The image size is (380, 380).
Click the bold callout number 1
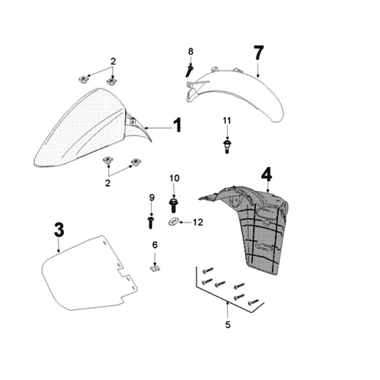[x=178, y=125]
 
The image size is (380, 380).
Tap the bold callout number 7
[x=258, y=53]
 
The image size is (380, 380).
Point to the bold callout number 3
[x=59, y=230]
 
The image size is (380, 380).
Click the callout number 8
[x=191, y=52]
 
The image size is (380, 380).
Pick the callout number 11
[x=227, y=121]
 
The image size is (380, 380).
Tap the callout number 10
[x=174, y=179]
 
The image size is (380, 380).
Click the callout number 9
[x=152, y=198]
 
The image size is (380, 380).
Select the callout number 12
[x=198, y=222]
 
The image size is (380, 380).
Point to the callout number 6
[x=155, y=245]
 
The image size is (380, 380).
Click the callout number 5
[x=228, y=325]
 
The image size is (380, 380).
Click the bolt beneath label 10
[x=173, y=205]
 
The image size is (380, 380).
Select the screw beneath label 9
[x=151, y=223]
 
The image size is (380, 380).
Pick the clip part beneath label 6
[x=155, y=268]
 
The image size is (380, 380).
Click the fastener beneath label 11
[x=227, y=146]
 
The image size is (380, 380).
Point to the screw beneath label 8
[x=190, y=70]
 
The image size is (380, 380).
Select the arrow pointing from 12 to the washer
[x=185, y=222]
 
